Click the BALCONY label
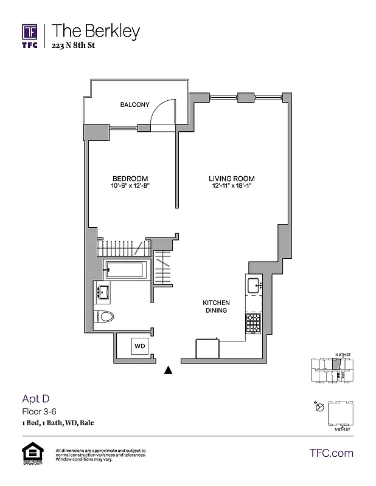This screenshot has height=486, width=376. tap(134, 105)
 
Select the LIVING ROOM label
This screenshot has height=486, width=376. tap(231, 179)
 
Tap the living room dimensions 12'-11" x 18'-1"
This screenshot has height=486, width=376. tap(231, 186)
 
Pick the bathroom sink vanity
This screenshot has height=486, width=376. tap(102, 292)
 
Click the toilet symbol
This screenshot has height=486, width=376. tap(105, 316)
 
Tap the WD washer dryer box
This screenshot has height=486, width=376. tap(140, 346)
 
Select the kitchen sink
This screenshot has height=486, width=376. tap(253, 284)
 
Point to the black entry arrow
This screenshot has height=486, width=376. tap(169, 369)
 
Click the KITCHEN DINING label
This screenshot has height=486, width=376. tap(215, 306)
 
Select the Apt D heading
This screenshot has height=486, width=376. tap(35, 399)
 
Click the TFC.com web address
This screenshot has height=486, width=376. tap(332, 453)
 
